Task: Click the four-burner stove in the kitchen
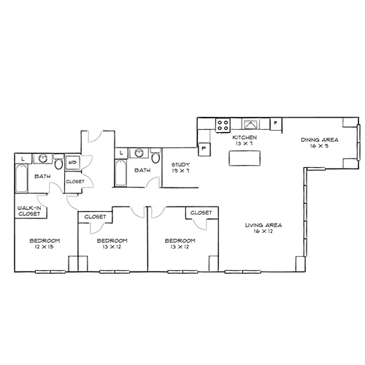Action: (x=223, y=123)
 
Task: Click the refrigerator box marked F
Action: (x=275, y=123)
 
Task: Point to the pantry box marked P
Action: (x=204, y=148)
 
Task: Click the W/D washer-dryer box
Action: (x=73, y=163)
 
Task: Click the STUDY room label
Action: (x=180, y=165)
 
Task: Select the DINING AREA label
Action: (x=318, y=139)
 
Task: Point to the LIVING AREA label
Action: (x=264, y=224)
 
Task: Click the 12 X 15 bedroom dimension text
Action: (x=44, y=247)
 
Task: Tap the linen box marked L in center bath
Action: (x=120, y=152)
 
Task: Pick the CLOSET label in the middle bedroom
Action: (x=96, y=217)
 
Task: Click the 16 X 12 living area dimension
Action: (x=264, y=231)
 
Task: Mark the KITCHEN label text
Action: (x=243, y=137)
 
